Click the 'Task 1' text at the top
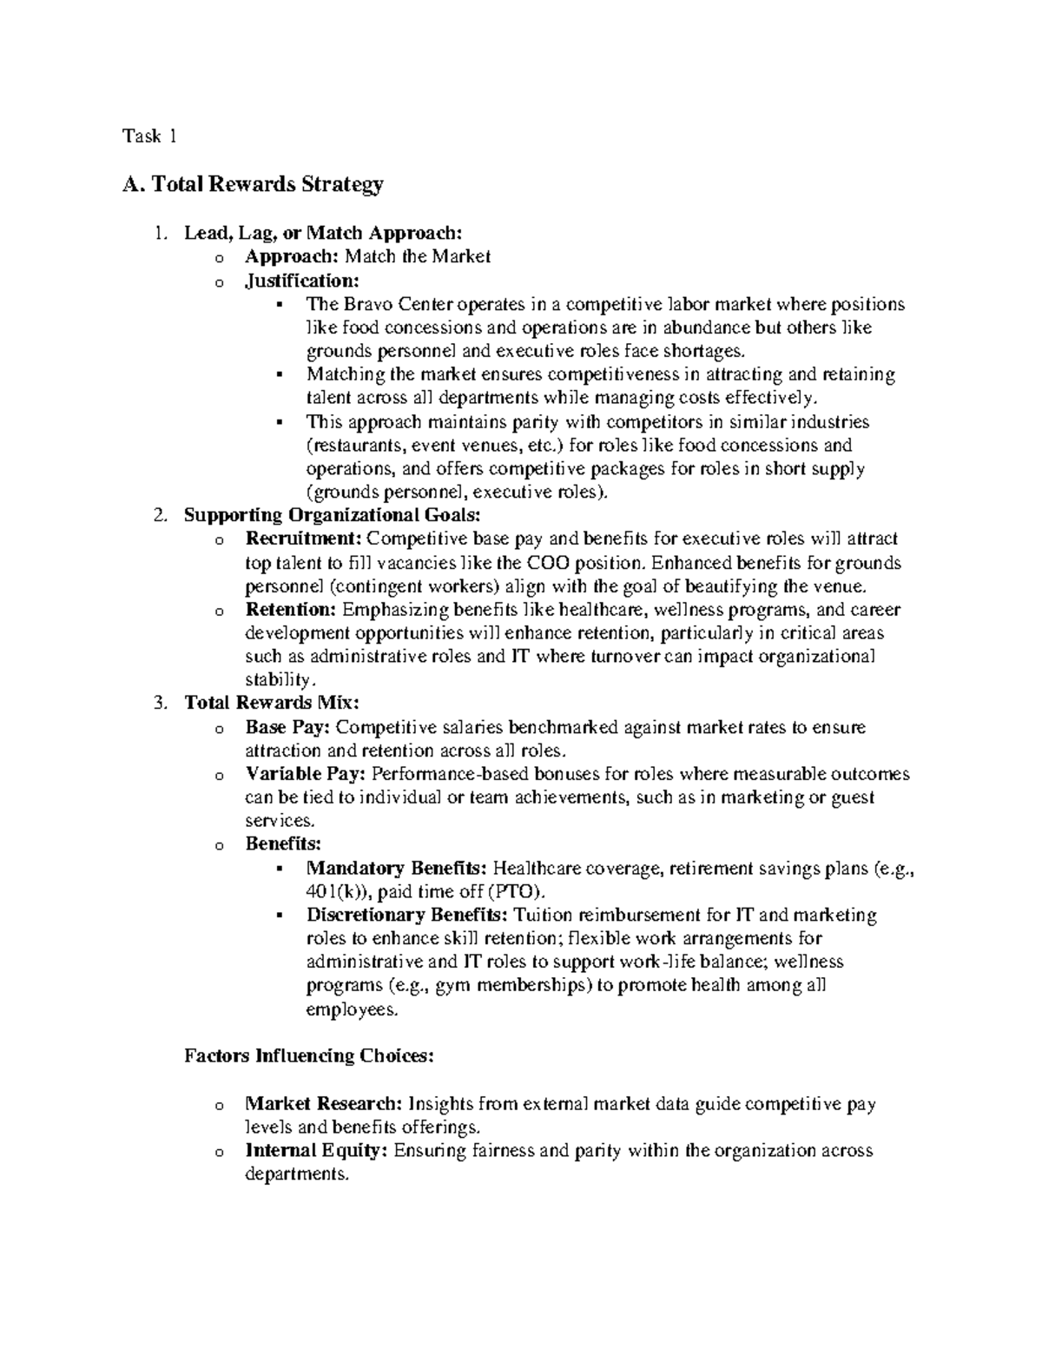click(x=150, y=136)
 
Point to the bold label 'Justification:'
click(x=301, y=281)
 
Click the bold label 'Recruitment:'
click(x=304, y=539)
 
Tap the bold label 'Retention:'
click(x=291, y=609)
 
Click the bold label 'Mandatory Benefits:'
click(x=397, y=868)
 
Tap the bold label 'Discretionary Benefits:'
click(x=408, y=915)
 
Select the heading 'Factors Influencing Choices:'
click(x=308, y=1056)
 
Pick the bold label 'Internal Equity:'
click(x=318, y=1151)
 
